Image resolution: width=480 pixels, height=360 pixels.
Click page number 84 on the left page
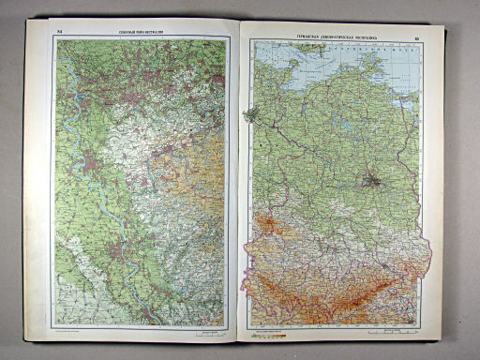click(60, 34)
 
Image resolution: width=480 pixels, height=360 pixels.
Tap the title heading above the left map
click(139, 35)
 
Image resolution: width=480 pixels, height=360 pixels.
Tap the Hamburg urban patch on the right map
click(251, 115)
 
